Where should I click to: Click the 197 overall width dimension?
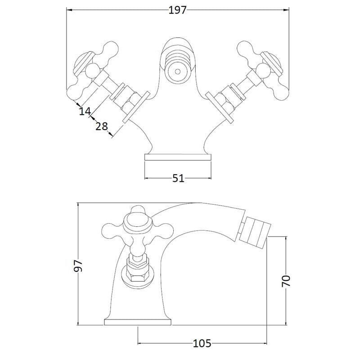point(177,10)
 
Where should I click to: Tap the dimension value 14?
point(85,111)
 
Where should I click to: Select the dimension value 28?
point(102,126)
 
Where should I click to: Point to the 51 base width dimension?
point(178,178)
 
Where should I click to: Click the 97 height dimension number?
point(78,266)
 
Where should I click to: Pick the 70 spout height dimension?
point(286,280)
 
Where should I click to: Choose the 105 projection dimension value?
point(202,343)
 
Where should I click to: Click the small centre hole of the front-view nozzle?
point(177,72)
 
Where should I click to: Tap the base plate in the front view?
point(178,157)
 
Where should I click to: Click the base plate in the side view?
point(138,322)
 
